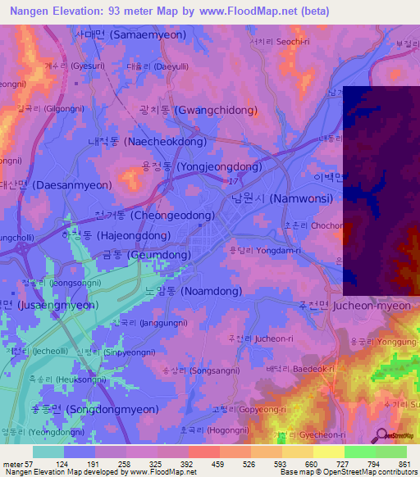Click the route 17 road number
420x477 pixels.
coord(235,180)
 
